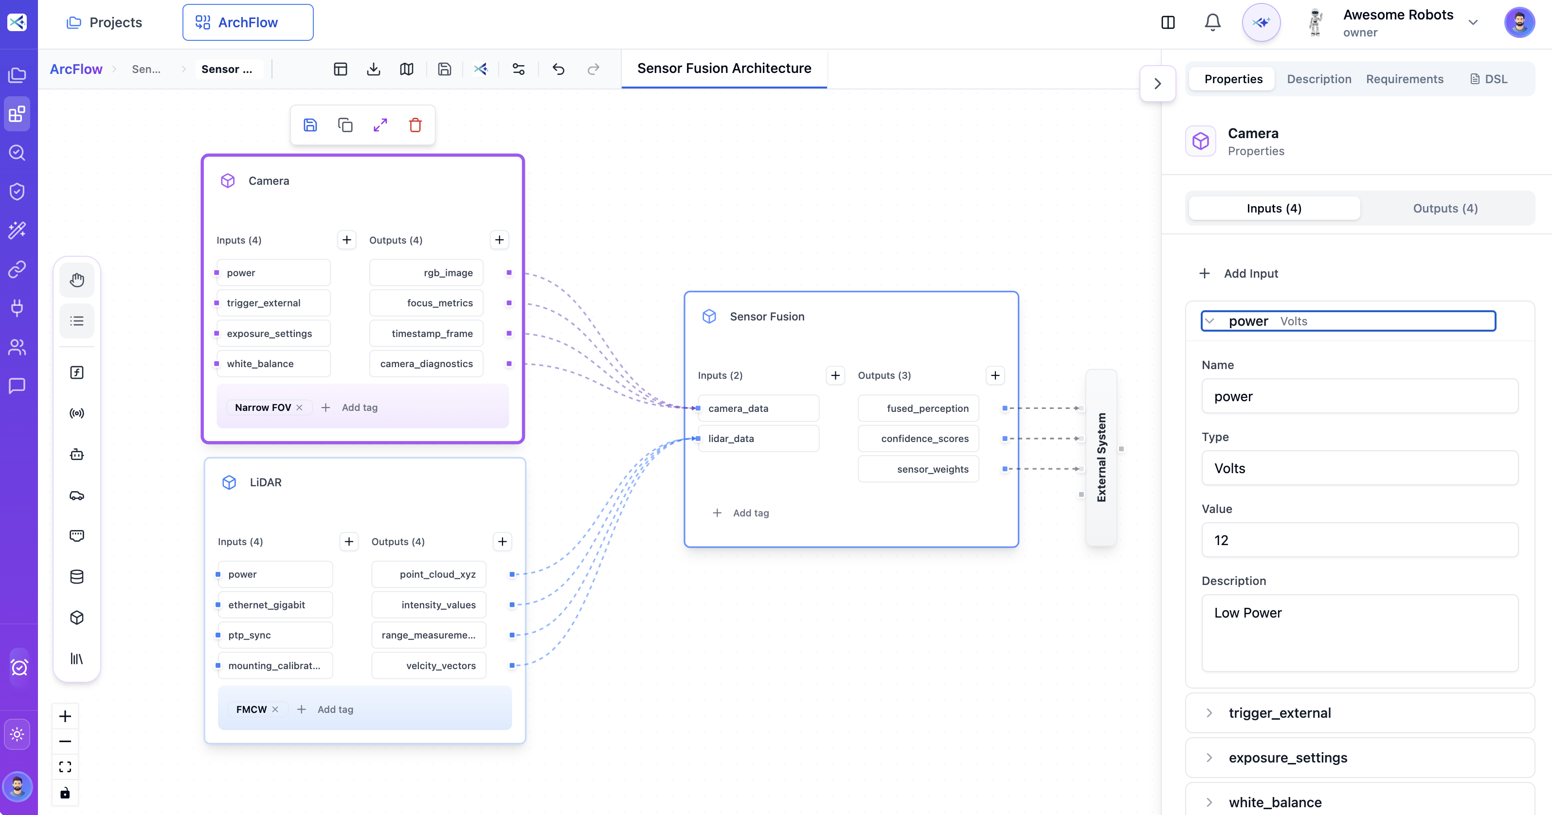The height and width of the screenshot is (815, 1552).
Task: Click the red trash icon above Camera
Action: pos(415,125)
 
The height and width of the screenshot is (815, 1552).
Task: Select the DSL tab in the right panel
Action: pos(1489,79)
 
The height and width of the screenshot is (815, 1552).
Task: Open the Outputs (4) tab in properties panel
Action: pos(1445,209)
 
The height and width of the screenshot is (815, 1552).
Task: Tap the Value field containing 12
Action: pos(1359,540)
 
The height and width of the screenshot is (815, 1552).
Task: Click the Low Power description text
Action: pos(1248,613)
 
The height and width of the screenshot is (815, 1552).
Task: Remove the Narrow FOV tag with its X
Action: pos(299,408)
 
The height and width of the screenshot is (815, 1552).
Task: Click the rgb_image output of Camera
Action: pos(427,273)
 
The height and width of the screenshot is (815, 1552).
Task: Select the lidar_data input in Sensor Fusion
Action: pos(758,439)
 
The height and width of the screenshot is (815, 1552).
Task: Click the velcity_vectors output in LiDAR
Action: pos(429,666)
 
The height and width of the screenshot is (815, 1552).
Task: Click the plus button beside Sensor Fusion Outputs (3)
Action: pos(995,375)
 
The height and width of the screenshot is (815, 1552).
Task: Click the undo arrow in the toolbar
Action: pos(559,69)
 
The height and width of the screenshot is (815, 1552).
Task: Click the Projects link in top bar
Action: pos(104,22)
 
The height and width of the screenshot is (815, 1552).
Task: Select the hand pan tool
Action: pos(76,280)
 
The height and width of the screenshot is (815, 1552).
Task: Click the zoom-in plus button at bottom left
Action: pos(65,716)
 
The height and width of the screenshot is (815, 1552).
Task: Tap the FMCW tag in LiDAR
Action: pos(251,709)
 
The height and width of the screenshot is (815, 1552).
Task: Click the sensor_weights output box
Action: pos(918,469)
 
